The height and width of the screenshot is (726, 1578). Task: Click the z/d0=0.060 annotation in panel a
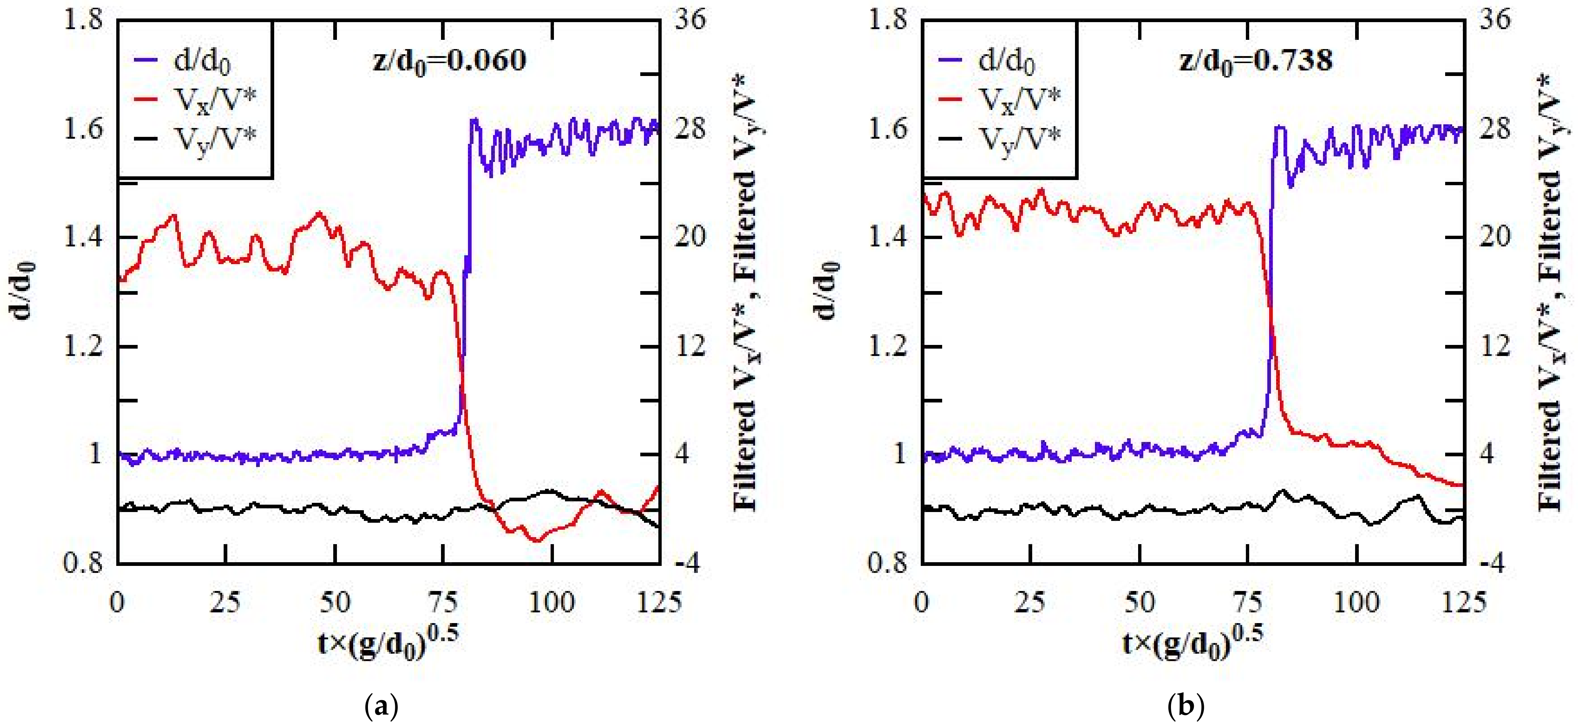click(449, 60)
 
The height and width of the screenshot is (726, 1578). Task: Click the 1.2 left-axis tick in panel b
click(888, 346)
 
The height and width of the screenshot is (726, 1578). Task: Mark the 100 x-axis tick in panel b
click(1357, 602)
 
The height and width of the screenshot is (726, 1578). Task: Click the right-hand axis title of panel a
click(746, 294)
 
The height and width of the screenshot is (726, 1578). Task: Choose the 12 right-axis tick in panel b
click(1495, 346)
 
